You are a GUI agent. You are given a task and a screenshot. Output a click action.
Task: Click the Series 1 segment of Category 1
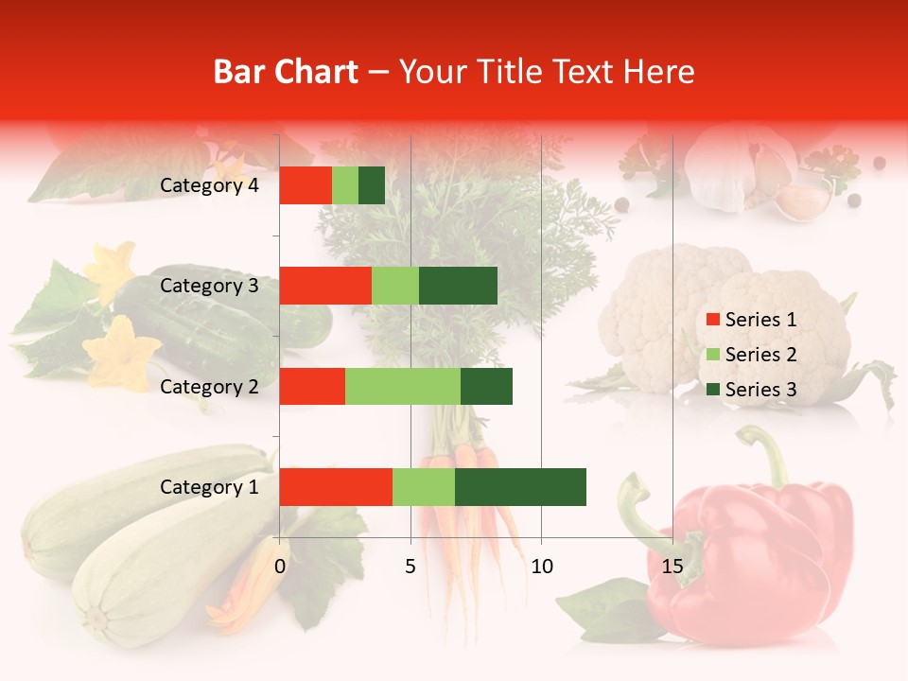[x=336, y=486]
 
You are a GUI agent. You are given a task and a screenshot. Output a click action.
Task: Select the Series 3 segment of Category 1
[x=520, y=486]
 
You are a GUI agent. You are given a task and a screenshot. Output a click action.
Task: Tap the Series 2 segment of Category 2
[x=403, y=386]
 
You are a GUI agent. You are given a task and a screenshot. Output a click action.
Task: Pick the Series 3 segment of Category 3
[x=458, y=286]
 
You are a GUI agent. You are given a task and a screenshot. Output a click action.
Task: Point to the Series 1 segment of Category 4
[x=306, y=185]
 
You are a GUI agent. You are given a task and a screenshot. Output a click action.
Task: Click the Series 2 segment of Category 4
[x=345, y=185]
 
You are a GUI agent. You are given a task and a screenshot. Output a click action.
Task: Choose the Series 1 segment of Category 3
[x=325, y=286]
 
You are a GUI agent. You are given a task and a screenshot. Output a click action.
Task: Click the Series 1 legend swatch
[x=713, y=320]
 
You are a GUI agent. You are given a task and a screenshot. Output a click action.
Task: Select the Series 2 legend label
[x=760, y=355]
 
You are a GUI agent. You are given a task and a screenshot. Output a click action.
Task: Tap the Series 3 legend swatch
[x=713, y=390]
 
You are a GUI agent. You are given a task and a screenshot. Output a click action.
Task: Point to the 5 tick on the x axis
[x=410, y=567]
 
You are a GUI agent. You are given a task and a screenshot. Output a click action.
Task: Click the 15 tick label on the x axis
[x=672, y=567]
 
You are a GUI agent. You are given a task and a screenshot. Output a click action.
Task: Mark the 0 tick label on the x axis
[x=280, y=567]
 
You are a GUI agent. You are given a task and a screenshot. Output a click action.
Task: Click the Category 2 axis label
[x=209, y=386]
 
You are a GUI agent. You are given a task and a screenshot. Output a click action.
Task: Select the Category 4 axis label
[x=209, y=185]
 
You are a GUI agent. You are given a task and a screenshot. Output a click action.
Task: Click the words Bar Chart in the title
[x=286, y=72]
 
